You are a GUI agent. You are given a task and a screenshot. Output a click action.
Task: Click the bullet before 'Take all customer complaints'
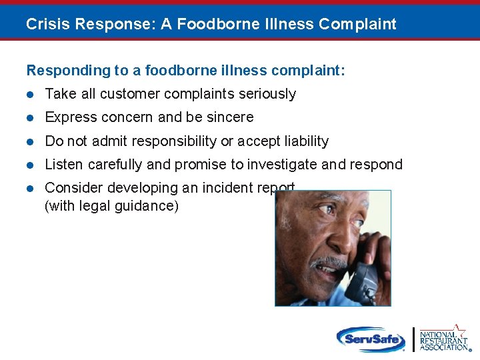pyautogui.click(x=31, y=94)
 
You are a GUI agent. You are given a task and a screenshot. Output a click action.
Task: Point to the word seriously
pyautogui.click(x=265, y=94)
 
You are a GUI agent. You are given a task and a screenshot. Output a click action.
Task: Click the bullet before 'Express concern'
pyautogui.click(x=31, y=117)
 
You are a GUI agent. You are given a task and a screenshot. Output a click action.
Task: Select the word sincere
pyautogui.click(x=230, y=117)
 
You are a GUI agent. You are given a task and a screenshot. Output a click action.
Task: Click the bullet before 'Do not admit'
pyautogui.click(x=31, y=141)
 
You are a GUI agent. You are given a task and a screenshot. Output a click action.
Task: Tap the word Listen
pyautogui.click(x=63, y=165)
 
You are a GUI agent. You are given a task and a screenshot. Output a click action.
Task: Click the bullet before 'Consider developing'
pyautogui.click(x=31, y=188)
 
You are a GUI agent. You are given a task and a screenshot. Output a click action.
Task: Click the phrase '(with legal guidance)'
pyautogui.click(x=111, y=206)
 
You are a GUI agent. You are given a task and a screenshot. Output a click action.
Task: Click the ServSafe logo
pyautogui.click(x=370, y=339)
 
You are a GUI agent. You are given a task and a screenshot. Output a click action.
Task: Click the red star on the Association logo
pyautogui.click(x=458, y=329)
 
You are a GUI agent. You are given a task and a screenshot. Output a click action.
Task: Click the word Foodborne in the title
pyautogui.click(x=212, y=25)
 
